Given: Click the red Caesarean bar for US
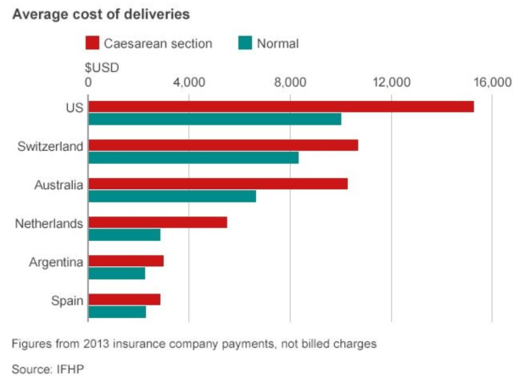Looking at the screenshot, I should click(280, 106).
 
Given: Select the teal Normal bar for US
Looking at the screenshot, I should click(214, 119).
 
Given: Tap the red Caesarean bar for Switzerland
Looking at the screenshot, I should click(222, 145).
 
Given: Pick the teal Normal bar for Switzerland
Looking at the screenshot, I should click(193, 158).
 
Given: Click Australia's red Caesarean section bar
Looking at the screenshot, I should click(217, 184).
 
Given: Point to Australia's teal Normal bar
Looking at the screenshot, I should click(171, 197).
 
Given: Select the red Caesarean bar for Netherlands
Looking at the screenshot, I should click(157, 222).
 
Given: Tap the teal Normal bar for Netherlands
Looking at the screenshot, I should click(124, 235).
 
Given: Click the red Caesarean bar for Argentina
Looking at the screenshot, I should click(126, 261).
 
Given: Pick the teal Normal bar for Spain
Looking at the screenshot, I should click(117, 312).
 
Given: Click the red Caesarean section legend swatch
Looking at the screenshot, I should click(94, 43).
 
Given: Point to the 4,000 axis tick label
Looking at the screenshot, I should click(188, 82).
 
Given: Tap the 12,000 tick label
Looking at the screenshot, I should click(391, 82).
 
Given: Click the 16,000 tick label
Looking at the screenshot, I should click(492, 82).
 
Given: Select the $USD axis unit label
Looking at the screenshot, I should click(102, 67).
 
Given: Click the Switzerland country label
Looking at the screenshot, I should click(50, 146).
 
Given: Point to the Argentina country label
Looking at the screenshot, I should click(55, 262).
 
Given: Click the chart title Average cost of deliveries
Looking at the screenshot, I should click(100, 14).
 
